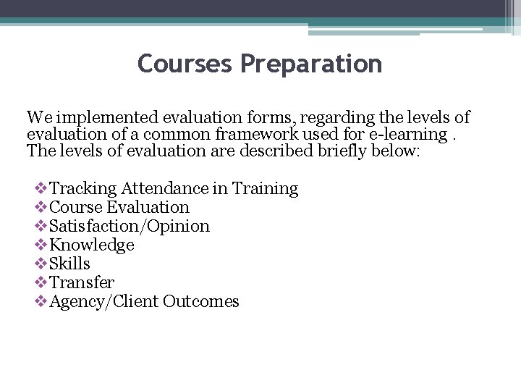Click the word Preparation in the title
312,64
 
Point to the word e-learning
407,134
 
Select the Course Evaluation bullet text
119,207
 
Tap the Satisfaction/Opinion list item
130,226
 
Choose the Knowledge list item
92,245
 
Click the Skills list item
70,264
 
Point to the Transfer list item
82,282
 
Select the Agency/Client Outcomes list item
144,301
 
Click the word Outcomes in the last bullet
201,301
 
